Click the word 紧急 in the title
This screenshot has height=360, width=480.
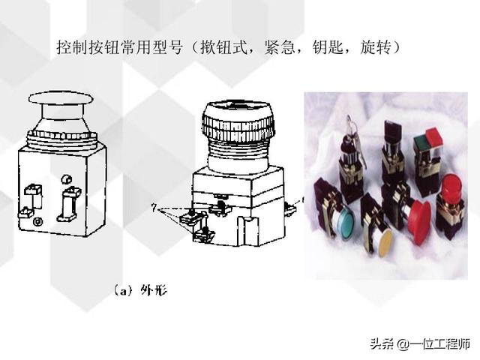coord(280,47)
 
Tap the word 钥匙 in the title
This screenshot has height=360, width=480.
coord(328,47)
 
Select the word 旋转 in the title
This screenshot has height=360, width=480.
coord(376,47)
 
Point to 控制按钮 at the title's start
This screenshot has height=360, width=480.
coord(88,47)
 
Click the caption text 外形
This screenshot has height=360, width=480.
coord(154,290)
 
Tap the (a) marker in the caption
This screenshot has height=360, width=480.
coord(123,290)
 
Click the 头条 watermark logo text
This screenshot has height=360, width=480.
coord(382,343)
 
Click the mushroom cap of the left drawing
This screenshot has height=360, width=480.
coord(61,97)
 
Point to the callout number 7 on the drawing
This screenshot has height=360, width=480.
coord(154,208)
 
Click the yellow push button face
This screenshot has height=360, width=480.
coord(385,244)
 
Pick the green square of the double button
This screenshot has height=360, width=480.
coord(421,142)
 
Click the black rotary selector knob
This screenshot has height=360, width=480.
coord(391,132)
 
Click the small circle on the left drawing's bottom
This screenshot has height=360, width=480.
coord(38,222)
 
